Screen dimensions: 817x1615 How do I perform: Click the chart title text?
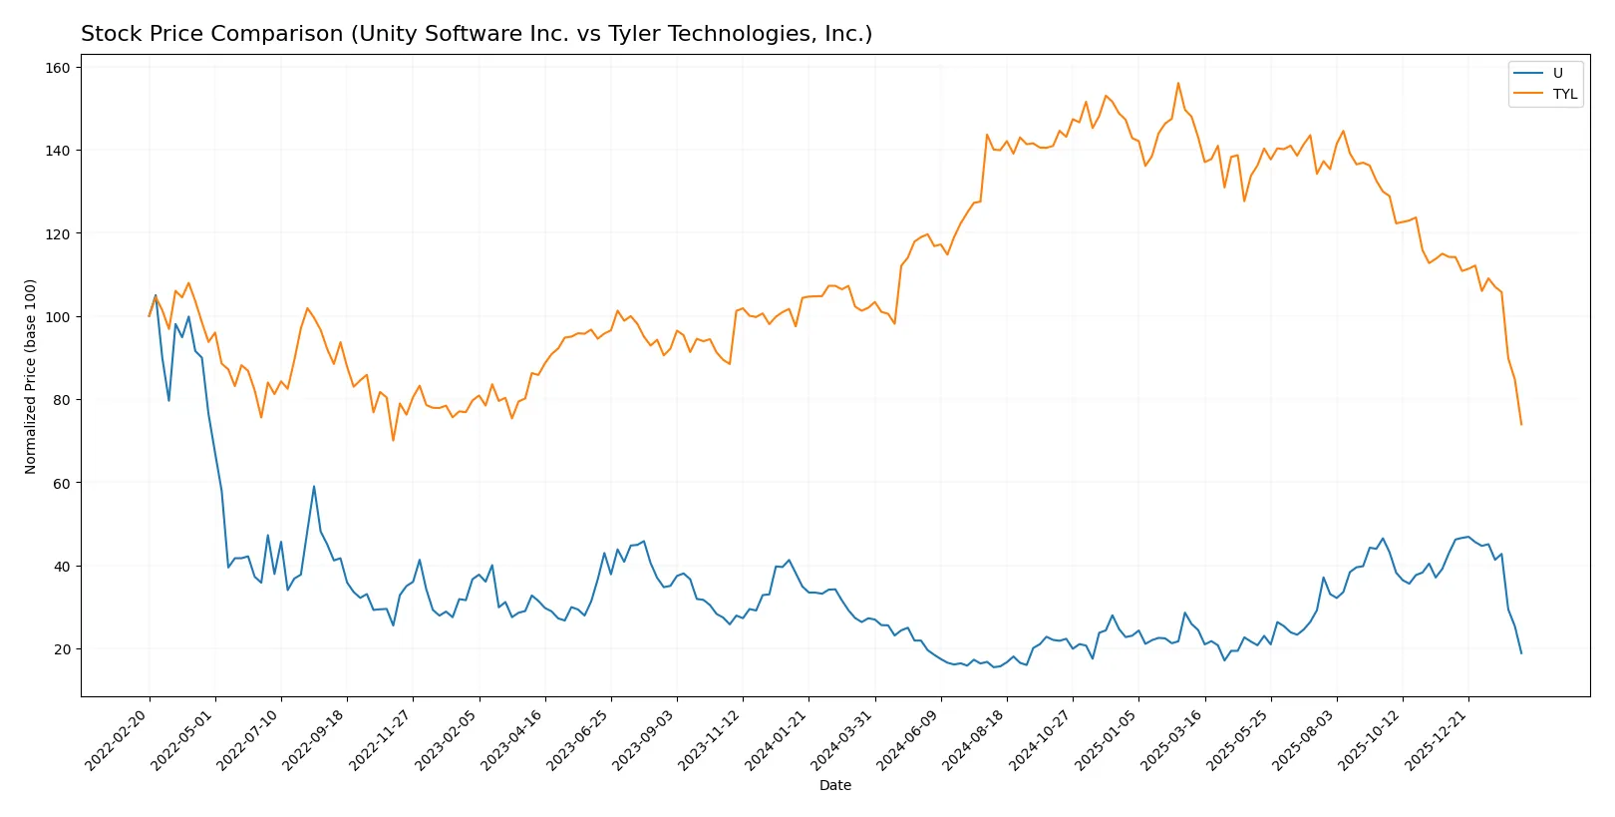(477, 34)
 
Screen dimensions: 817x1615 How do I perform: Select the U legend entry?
(1557, 73)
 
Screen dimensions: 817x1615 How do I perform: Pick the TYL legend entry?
(1564, 94)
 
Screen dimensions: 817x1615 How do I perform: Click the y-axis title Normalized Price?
(31, 376)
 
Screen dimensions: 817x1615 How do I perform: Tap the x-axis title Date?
(835, 785)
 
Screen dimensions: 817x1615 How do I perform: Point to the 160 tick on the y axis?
(58, 68)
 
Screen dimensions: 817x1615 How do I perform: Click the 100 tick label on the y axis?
(58, 317)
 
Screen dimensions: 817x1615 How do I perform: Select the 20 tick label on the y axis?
(62, 649)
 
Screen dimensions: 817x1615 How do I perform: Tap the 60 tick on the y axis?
(62, 483)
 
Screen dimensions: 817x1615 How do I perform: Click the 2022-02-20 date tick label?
(118, 739)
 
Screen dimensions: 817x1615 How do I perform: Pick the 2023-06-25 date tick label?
(579, 739)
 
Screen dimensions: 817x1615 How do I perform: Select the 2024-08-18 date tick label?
(975, 739)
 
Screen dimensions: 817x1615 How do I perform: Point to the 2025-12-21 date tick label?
(1437, 739)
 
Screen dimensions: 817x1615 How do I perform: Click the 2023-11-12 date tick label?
(711, 739)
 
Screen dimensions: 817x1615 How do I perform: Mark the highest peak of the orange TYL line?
(1178, 83)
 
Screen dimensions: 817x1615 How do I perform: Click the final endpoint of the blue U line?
(1521, 653)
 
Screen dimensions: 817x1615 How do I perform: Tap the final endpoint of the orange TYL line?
(1521, 424)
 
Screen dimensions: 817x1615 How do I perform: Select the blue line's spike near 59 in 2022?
(314, 487)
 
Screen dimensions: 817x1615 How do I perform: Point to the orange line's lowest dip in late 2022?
(393, 440)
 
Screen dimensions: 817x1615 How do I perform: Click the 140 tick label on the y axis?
(58, 151)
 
